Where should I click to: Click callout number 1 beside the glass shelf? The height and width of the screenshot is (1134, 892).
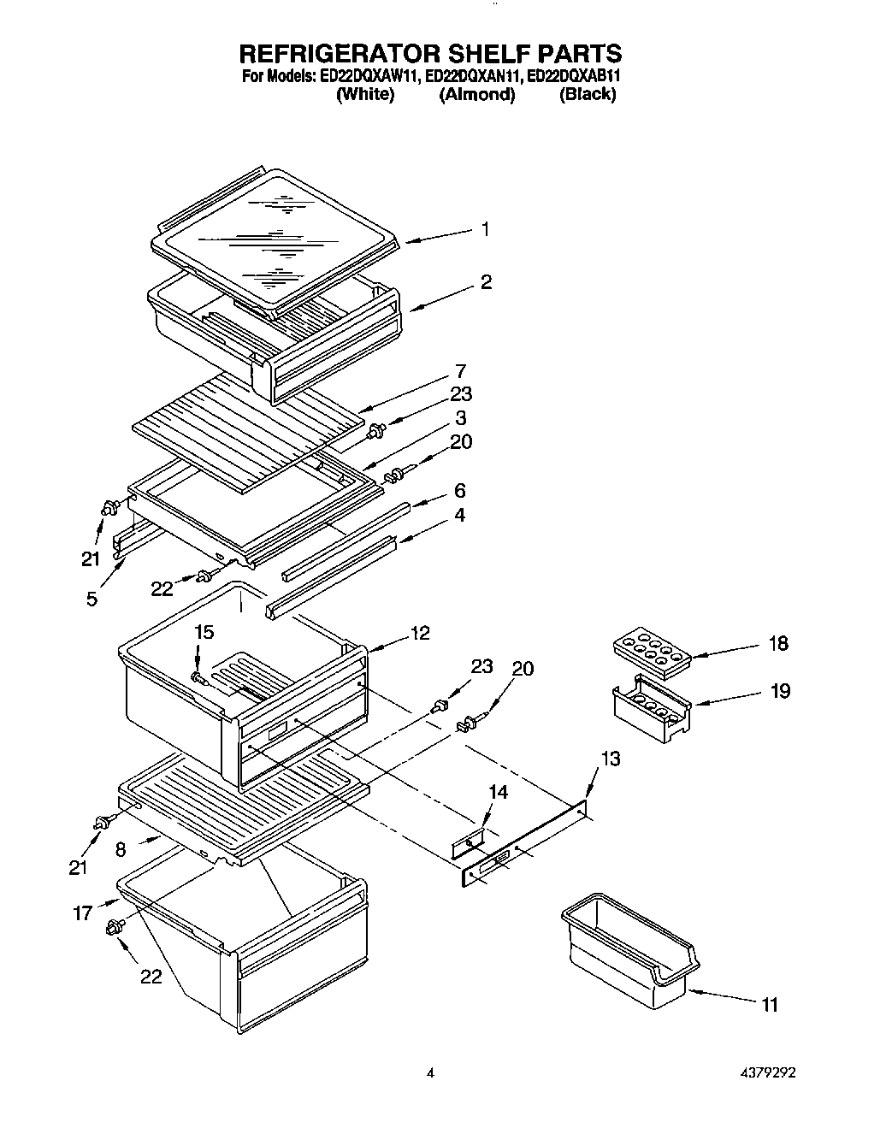[485, 229]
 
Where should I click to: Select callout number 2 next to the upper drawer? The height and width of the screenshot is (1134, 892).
[486, 282]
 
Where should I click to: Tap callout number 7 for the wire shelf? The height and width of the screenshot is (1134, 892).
[460, 371]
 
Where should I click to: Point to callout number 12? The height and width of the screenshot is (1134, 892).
[420, 634]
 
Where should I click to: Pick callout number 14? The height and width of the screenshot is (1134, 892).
[497, 793]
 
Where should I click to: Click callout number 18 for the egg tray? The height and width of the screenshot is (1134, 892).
[777, 644]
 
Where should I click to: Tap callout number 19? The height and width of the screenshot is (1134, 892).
[779, 691]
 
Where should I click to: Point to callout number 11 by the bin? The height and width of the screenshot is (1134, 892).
[770, 1005]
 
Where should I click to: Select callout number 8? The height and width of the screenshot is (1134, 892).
[121, 850]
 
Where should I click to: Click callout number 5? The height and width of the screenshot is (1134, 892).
[92, 599]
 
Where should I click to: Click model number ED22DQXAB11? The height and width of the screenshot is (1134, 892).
[573, 76]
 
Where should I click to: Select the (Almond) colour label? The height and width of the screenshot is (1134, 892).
[476, 95]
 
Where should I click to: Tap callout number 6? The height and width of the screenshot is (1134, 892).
[460, 491]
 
